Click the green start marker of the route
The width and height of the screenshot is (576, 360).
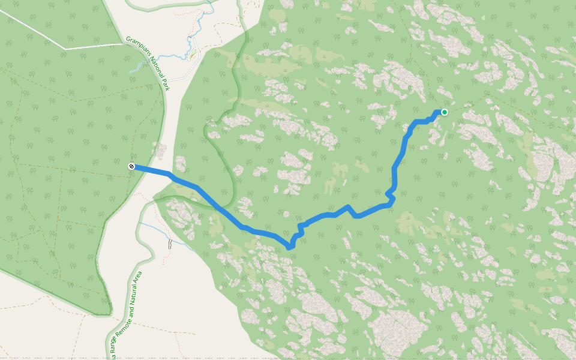pos(445,112)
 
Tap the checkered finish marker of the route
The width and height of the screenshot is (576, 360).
pos(131,166)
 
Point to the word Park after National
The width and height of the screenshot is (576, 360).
pos(166,85)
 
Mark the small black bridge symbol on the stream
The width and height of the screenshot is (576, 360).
pos(170,244)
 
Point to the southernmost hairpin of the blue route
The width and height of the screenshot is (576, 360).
pos(290,246)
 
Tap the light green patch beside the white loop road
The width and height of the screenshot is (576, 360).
pos(193,56)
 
